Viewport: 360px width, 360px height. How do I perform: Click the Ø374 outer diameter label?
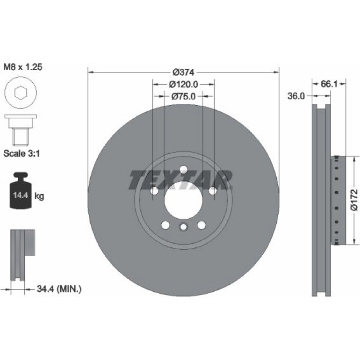pyautogui.click(x=183, y=72)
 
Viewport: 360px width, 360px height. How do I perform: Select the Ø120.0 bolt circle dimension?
pyautogui.click(x=183, y=85)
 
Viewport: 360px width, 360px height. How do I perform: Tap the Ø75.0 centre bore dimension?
pyautogui.click(x=183, y=96)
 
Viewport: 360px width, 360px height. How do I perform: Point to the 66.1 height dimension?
pyautogui.click(x=329, y=84)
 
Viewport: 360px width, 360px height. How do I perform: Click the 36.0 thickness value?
pyautogui.click(x=296, y=96)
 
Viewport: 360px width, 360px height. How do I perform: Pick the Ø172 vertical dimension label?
pyautogui.click(x=354, y=200)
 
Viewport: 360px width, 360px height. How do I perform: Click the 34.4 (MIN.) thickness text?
pyautogui.click(x=59, y=288)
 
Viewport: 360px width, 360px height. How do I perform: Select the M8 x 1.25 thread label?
pyautogui.click(x=23, y=67)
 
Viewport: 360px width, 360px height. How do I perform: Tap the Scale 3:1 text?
pyautogui.click(x=22, y=153)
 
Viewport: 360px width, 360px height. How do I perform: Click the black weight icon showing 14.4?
pyautogui.click(x=21, y=191)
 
